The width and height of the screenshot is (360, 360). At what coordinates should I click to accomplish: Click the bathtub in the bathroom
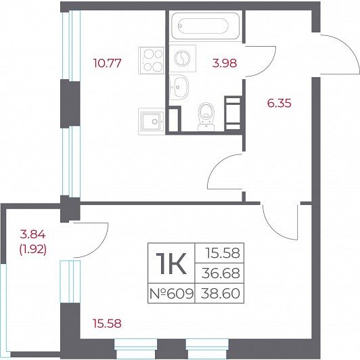[x=206, y=26]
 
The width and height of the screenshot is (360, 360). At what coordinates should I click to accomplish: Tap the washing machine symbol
[x=182, y=58]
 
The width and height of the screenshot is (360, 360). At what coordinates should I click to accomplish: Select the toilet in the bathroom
[x=206, y=117]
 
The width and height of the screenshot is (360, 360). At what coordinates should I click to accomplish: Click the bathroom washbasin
[x=179, y=87]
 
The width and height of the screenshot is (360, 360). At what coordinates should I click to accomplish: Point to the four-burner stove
[x=152, y=60]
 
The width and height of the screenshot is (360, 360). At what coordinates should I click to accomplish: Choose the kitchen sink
[x=152, y=121]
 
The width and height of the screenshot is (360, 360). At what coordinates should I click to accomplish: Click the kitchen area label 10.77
[x=107, y=63]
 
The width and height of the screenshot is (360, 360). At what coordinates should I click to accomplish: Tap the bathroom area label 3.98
[x=224, y=63]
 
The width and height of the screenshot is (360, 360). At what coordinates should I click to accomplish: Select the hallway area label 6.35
[x=279, y=103]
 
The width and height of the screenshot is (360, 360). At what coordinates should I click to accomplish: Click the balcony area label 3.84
[x=33, y=235]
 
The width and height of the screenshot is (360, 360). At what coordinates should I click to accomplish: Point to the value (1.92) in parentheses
[x=33, y=249]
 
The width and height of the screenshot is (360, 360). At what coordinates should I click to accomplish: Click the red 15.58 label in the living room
[x=107, y=323]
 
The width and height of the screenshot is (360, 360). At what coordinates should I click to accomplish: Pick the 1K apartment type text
[x=171, y=263]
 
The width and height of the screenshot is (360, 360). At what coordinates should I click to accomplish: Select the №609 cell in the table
[x=171, y=294]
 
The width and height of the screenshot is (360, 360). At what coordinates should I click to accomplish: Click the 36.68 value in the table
[x=221, y=273]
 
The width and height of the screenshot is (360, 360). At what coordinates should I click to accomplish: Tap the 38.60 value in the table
[x=221, y=294]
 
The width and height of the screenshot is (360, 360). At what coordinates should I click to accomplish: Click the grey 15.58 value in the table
[x=223, y=253]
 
